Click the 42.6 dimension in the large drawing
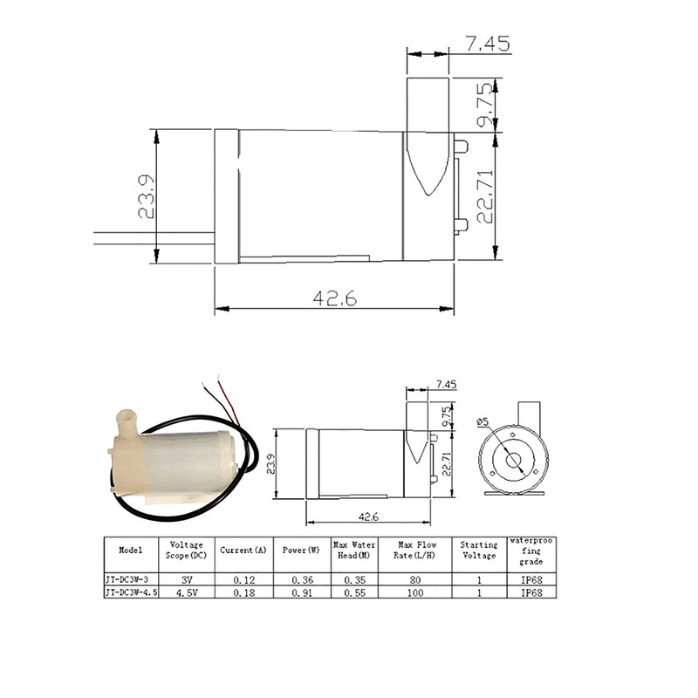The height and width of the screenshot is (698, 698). click(x=335, y=298)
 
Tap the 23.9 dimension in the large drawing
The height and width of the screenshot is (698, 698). click(x=147, y=196)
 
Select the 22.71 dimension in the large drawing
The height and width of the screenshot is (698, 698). click(x=485, y=196)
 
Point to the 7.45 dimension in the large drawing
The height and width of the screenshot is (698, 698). click(x=488, y=44)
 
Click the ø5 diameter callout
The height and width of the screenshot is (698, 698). click(x=482, y=421)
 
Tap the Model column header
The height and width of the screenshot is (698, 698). click(x=131, y=550)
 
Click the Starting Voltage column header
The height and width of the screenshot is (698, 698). click(x=478, y=550)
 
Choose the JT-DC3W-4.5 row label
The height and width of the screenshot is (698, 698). click(x=132, y=592)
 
